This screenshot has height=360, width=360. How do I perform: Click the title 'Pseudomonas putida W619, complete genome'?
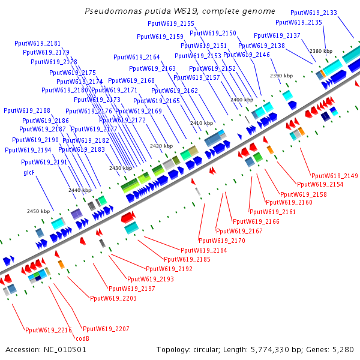[180, 11]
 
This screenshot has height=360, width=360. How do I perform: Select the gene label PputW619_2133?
[313, 13]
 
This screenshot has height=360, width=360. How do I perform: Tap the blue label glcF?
[29, 172]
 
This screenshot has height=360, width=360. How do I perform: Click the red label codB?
[82, 338]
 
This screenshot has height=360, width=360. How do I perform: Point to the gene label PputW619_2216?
[48, 329]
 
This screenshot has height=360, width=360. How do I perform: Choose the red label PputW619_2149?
[334, 176]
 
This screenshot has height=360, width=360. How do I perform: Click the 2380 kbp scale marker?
[320, 52]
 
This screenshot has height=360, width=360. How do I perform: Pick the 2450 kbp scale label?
[38, 211]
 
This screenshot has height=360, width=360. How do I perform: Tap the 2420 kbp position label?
[161, 146]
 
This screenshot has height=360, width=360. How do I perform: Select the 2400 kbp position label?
[242, 100]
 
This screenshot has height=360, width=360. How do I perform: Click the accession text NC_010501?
[46, 349]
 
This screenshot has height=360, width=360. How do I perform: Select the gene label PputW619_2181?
[37, 43]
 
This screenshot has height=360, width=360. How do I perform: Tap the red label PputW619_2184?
[203, 250]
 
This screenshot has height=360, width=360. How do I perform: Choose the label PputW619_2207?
[106, 329]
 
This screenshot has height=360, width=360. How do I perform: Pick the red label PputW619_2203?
[113, 298]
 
